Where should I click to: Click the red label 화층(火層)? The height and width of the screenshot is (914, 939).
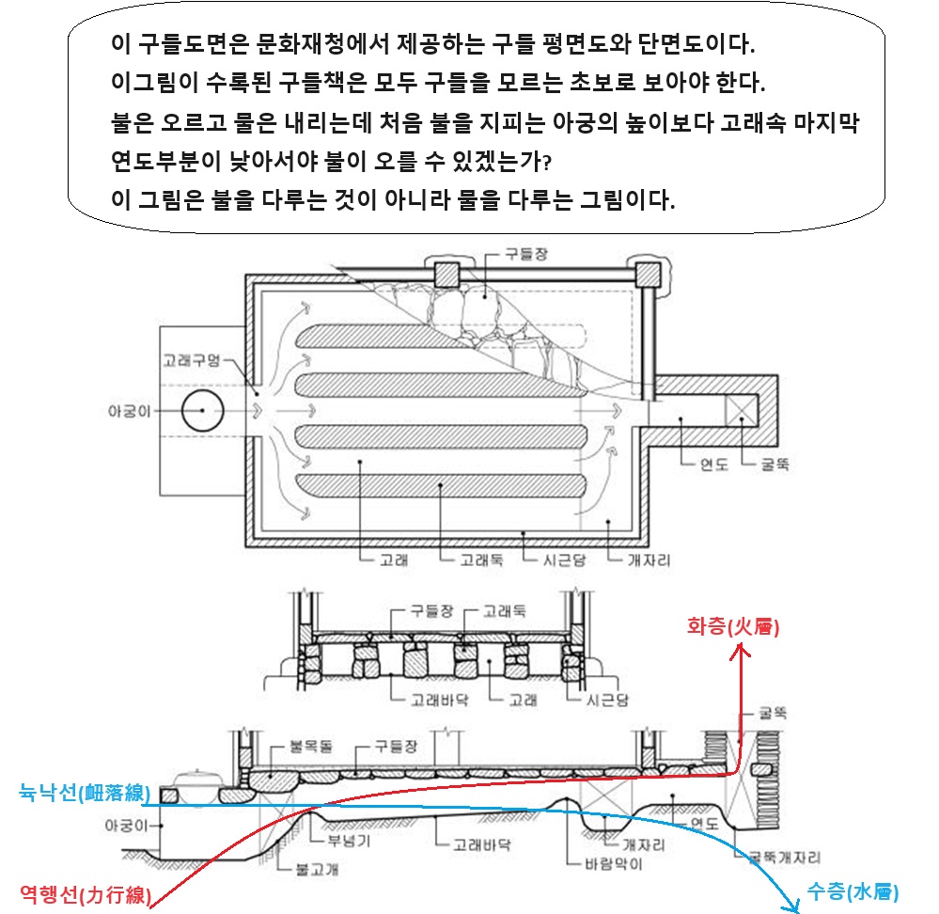click(x=734, y=625)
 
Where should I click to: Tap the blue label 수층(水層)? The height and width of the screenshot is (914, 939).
click(x=853, y=890)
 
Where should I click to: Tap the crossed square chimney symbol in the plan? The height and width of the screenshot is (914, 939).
click(x=743, y=409)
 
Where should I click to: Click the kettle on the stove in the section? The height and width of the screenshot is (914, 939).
click(x=201, y=778)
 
